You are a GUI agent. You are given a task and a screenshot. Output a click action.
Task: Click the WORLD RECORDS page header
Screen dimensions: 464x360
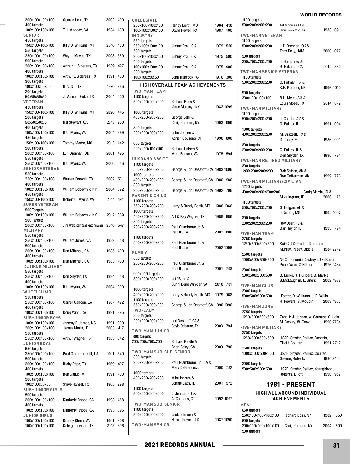coord(321,15)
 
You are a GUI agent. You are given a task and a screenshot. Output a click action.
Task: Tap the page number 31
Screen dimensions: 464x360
coord(336,445)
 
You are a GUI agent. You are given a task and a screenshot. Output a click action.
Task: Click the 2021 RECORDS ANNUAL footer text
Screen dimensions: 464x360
coord(180,445)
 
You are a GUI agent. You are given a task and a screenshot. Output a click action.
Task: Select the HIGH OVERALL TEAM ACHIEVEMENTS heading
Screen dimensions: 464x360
coord(182,85)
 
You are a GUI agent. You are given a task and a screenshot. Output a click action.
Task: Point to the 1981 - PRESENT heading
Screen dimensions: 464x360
coord(291,385)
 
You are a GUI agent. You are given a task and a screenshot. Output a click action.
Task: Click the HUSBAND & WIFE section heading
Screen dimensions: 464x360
coord(150,159)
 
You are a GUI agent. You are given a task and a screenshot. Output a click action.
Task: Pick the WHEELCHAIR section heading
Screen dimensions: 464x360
coord(37,292)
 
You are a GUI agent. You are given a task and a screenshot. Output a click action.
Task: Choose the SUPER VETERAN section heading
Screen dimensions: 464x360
coord(40,204)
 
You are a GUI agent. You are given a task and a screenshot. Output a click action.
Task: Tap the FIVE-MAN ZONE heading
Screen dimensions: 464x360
coord(257,306)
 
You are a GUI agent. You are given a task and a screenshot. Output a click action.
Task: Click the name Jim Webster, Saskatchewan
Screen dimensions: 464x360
coord(83,225)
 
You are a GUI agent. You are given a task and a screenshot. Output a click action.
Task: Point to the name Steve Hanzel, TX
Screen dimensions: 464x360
coord(76,384)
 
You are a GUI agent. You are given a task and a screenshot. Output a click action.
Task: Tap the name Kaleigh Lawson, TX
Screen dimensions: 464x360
coord(78,426)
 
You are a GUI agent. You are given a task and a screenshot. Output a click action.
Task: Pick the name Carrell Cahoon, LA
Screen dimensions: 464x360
coord(77,302)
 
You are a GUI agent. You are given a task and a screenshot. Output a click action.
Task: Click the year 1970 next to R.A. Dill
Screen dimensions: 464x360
coord(110,86)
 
